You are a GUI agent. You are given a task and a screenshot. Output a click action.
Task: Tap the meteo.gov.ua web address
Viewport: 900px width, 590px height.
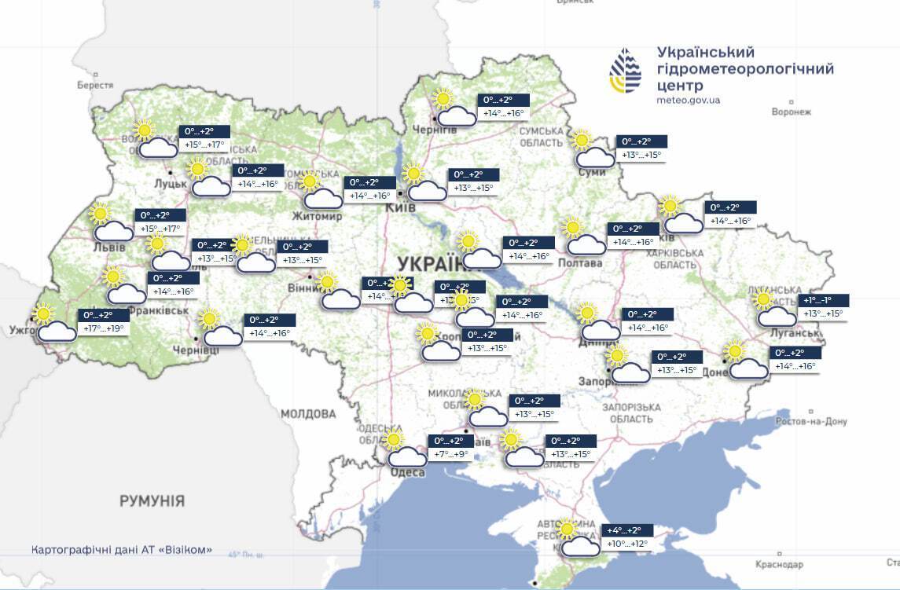688,100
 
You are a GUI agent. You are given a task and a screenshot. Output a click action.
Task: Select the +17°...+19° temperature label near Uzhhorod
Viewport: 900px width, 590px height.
104,328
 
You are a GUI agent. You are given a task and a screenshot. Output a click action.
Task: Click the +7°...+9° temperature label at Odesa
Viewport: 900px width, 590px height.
451,454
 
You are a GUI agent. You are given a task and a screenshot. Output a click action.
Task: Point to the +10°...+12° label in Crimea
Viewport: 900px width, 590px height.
626,544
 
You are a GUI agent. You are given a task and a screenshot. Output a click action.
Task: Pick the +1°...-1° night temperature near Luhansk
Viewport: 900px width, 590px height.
825,300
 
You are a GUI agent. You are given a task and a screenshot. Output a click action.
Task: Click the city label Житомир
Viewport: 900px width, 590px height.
317,216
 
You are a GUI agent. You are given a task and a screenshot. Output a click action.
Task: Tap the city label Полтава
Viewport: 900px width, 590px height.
580,263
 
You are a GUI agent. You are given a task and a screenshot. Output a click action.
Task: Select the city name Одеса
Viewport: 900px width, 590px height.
407,472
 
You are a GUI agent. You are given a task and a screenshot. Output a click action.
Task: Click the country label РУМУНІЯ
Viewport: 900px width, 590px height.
152,500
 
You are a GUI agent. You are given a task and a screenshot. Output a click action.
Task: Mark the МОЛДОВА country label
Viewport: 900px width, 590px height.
307,414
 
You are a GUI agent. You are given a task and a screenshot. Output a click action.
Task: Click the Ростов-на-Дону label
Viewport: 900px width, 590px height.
810,422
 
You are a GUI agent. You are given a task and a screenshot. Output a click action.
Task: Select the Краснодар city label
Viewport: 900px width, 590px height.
779,565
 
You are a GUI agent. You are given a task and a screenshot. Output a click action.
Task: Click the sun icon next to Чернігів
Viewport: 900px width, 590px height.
443,99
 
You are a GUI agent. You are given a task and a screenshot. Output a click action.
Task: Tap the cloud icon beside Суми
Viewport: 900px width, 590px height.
595,158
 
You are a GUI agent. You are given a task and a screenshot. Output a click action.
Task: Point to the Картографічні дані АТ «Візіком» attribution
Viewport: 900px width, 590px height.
122,550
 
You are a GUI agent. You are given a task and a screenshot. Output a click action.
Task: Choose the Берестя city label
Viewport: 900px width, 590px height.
95,85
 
